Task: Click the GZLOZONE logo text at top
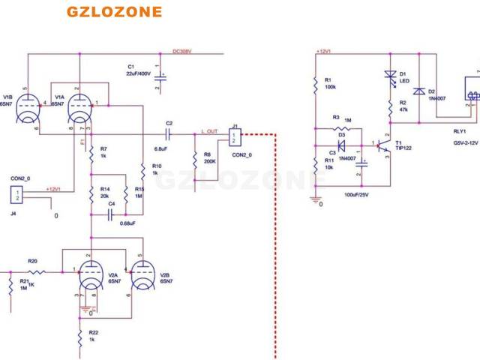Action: [113, 12]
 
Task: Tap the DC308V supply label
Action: [182, 51]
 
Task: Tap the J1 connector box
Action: [235, 138]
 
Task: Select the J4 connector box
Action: [16, 195]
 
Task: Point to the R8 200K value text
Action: [209, 160]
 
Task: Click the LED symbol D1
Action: [389, 75]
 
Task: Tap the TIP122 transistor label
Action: [403, 148]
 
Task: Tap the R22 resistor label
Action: [94, 331]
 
